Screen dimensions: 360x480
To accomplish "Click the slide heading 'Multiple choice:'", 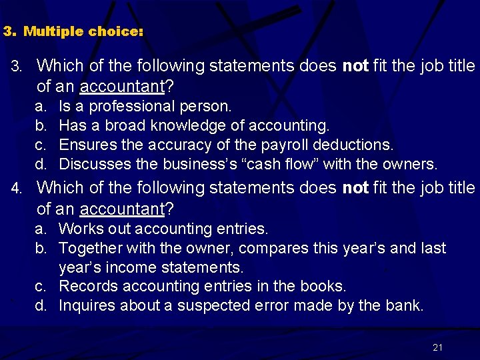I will [x=83, y=31].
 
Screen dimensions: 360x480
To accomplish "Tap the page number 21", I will [x=437, y=347].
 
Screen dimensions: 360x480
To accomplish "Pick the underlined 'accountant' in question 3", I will [x=122, y=87].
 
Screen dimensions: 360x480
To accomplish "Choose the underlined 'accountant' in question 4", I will [x=122, y=209].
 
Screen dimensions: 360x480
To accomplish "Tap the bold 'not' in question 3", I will [x=355, y=66].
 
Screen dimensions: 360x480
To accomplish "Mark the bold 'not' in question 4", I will [x=355, y=188].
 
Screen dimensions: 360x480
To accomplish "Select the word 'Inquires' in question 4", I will [x=85, y=306].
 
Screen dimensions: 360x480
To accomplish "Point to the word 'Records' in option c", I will [x=85, y=287].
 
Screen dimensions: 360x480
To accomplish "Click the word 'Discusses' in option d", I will [x=91, y=164].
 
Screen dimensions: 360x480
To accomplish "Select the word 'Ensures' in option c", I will [x=85, y=145].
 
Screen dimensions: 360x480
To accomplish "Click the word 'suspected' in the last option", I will [x=209, y=306].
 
